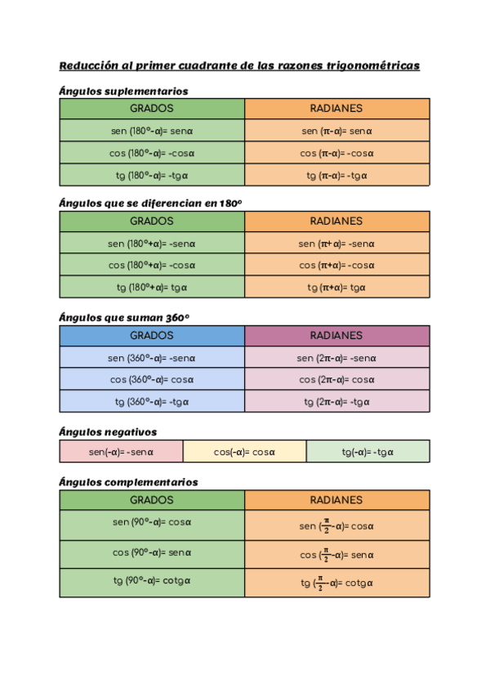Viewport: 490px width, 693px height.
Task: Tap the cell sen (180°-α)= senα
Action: [x=152, y=131]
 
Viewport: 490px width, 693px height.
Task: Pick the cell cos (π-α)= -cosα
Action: [x=336, y=153]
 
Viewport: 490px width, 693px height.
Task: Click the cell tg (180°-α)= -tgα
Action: [x=152, y=175]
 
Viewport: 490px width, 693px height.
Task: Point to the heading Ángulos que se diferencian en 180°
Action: [x=151, y=203]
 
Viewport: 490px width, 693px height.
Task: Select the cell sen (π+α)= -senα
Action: [x=336, y=243]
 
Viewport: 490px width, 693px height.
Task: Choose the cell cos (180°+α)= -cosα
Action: [x=152, y=265]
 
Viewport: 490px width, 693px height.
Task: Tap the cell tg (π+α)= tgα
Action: [x=336, y=287]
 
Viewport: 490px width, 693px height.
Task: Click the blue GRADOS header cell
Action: [x=152, y=335]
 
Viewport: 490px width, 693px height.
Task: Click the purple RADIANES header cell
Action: [x=336, y=335]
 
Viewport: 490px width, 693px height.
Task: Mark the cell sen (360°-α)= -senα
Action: [x=152, y=357]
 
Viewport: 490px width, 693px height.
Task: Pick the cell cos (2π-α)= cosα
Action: [x=336, y=379]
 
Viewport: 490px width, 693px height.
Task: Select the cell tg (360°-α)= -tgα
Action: [x=152, y=401]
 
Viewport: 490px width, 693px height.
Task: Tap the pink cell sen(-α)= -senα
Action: [x=121, y=452]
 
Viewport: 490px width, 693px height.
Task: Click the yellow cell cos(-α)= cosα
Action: [x=244, y=452]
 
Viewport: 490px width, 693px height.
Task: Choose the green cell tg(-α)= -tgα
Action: [x=367, y=452]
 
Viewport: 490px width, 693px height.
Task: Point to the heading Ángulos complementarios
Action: [x=128, y=482]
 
